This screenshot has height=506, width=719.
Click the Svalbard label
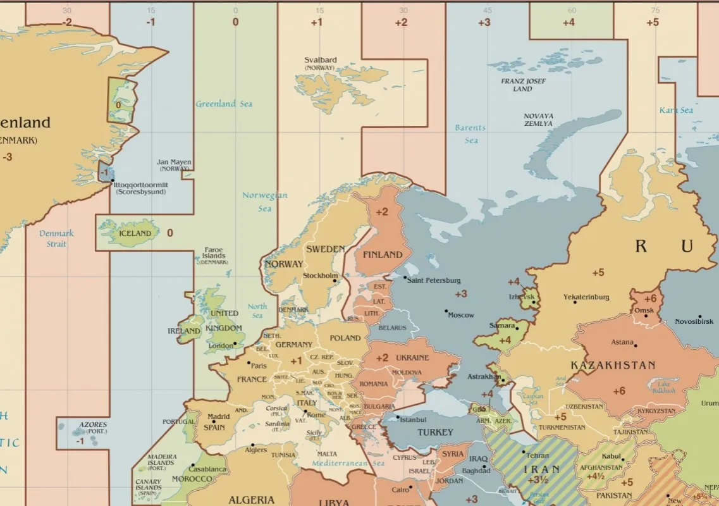[321, 61]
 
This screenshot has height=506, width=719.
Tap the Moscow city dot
[446, 311]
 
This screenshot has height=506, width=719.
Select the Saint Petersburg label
[434, 280]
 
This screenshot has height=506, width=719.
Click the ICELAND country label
[135, 233]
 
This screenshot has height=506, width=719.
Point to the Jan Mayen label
[174, 163]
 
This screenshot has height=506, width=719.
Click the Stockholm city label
[320, 276]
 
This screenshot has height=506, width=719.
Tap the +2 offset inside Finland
[382, 212]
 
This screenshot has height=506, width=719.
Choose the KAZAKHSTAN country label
[613, 366]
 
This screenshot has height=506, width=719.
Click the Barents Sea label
[470, 134]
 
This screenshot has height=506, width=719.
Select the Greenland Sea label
[224, 104]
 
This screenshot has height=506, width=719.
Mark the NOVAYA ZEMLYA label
[538, 120]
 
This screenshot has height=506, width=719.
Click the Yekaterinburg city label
[586, 297]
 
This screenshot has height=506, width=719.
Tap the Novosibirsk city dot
[700, 316]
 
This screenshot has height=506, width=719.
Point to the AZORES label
[93, 424]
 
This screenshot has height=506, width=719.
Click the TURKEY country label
[435, 433]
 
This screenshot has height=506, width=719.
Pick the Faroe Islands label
[214, 253]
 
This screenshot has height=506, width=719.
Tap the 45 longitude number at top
[487, 10]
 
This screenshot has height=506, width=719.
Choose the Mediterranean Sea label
[348, 464]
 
